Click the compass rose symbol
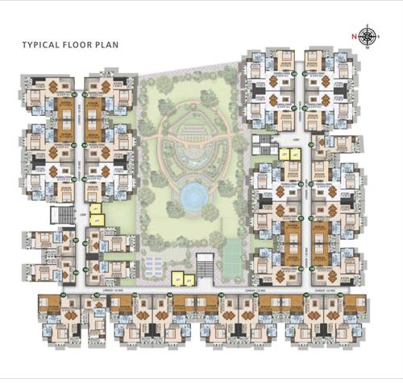368,35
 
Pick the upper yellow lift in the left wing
94,208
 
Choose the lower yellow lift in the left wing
94,219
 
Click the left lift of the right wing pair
284,153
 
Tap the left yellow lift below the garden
177,279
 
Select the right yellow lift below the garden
189,279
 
